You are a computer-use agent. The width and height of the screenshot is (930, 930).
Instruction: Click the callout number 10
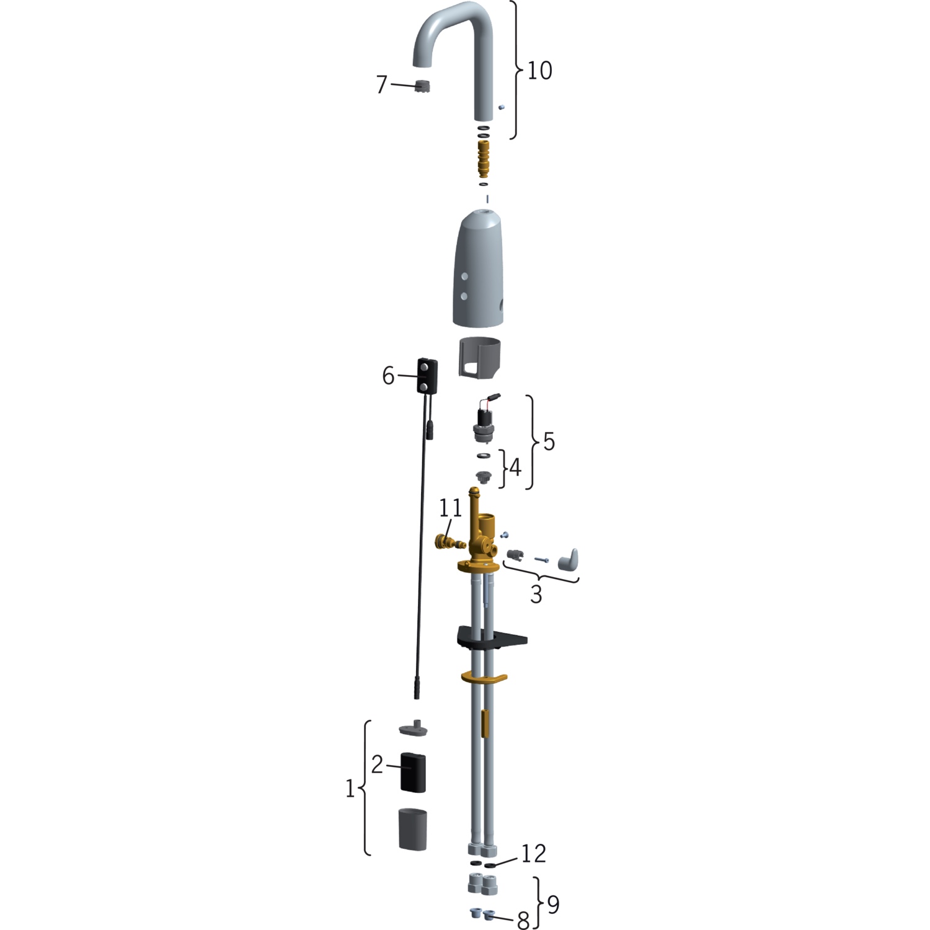click(x=539, y=71)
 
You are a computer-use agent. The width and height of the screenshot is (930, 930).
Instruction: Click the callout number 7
click(x=382, y=84)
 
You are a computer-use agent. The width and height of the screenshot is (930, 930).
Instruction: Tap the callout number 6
click(x=388, y=376)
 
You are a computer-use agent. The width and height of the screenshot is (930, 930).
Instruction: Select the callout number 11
click(x=451, y=508)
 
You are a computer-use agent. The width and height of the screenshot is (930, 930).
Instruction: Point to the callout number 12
click(x=533, y=854)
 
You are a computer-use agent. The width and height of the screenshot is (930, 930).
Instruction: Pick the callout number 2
click(x=377, y=764)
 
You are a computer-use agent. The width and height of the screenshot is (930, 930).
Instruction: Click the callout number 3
click(x=536, y=594)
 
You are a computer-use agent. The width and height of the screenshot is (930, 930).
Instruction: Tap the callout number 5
click(x=549, y=441)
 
